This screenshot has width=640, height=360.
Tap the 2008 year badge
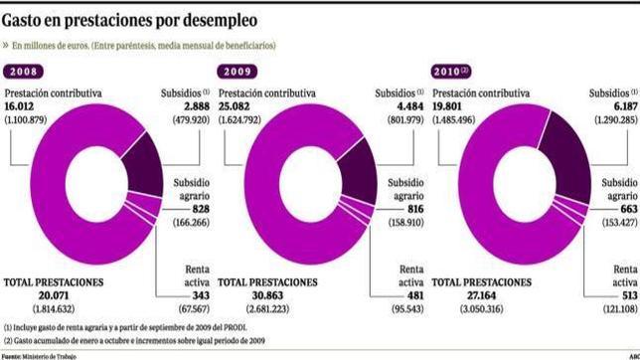coord(26,71)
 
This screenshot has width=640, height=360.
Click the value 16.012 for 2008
coord(21,106)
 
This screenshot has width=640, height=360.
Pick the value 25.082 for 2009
coord(236,106)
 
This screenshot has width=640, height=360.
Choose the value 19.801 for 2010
coord(450,106)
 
